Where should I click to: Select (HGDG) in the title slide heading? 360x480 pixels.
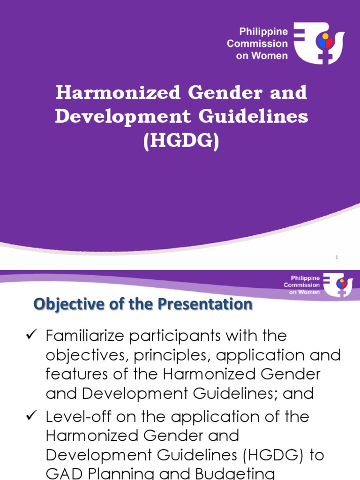181,142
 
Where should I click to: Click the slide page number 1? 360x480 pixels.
337,257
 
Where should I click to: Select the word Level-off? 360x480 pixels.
76,417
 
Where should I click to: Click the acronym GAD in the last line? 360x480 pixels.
62,473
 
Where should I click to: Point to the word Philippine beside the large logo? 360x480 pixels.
263,32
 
